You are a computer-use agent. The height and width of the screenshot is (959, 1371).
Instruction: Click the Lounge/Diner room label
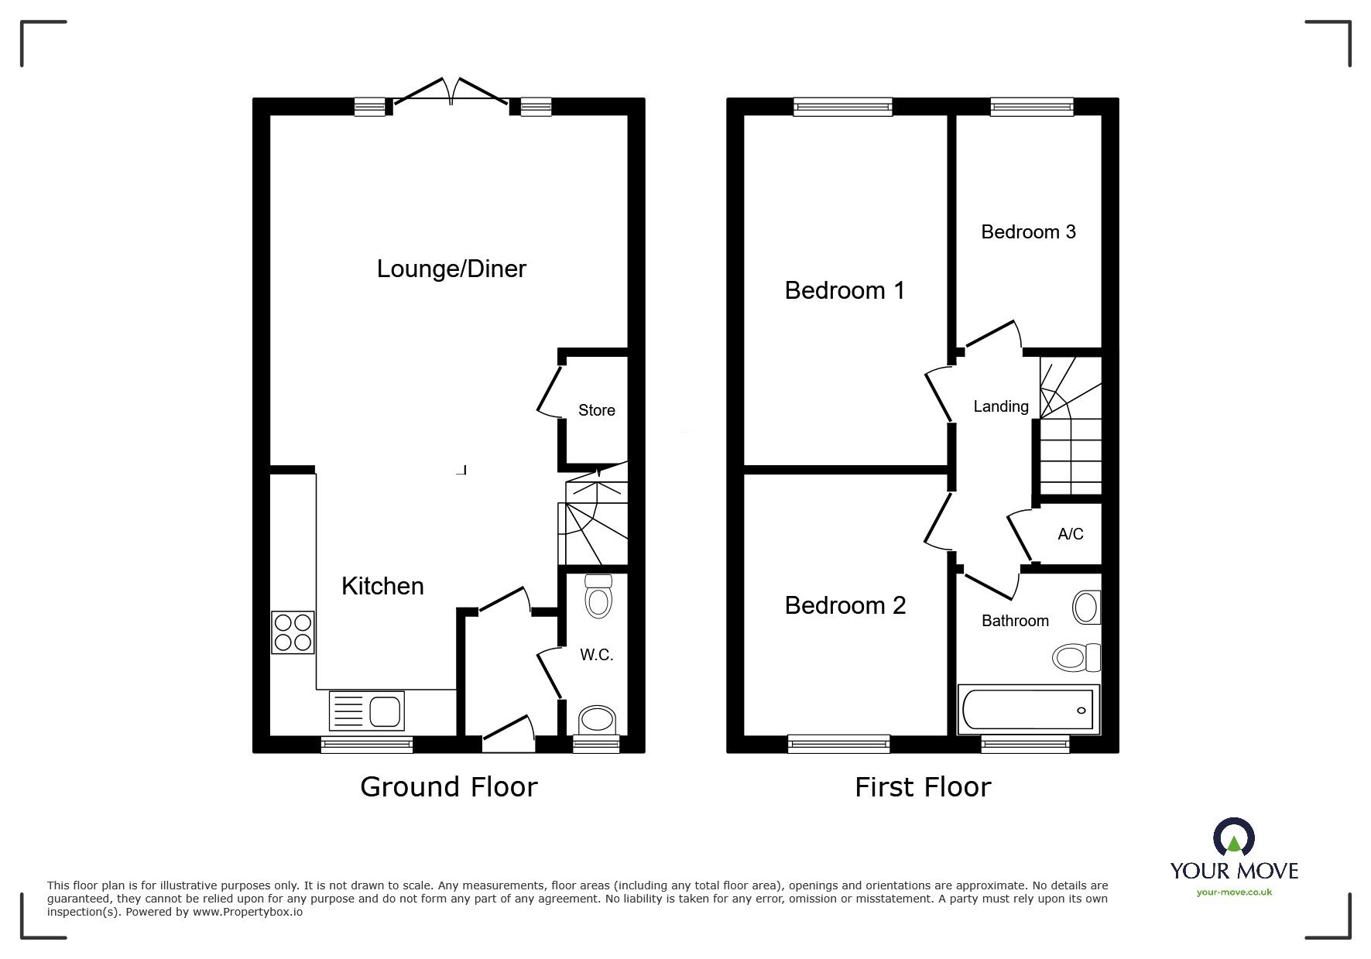tap(451, 269)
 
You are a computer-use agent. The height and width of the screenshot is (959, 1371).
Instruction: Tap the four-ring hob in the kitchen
tap(293, 632)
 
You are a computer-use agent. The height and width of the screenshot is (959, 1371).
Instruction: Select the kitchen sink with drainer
tap(367, 711)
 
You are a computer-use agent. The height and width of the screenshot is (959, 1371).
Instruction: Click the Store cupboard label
tap(596, 410)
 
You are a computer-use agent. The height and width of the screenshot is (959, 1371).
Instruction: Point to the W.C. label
tap(596, 655)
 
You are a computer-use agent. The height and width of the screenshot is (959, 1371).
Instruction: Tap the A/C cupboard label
tap(1070, 534)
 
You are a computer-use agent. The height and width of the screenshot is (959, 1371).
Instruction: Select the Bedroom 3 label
tap(1027, 232)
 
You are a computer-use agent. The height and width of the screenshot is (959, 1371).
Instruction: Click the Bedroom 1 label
tap(844, 290)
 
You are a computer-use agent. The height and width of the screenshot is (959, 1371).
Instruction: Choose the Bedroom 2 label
tap(845, 605)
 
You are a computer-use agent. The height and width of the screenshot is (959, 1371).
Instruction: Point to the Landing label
tap(1000, 406)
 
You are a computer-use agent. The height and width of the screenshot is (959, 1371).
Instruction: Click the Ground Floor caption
tap(448, 787)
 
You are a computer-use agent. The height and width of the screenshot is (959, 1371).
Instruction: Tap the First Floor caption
tap(922, 787)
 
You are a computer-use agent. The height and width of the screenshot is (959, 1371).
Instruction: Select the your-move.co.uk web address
tap(1234, 892)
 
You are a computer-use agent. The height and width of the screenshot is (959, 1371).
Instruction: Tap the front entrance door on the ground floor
tap(509, 734)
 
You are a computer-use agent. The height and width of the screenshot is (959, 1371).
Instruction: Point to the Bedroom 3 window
tap(1031, 107)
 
